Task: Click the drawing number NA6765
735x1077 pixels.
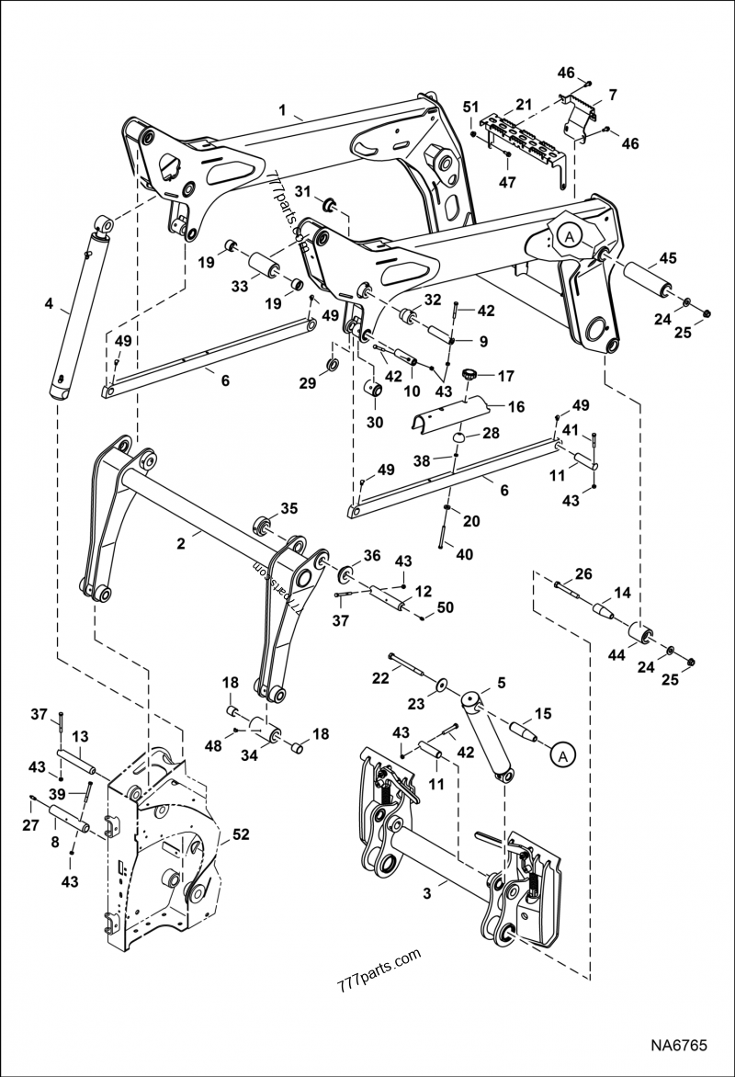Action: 680,1046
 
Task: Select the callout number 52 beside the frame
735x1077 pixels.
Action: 241,834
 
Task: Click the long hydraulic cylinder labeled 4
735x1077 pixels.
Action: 80,308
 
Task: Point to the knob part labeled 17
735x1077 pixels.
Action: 472,374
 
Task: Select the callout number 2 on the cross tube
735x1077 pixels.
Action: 182,543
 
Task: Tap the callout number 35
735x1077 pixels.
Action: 289,507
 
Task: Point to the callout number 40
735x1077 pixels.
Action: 467,553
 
